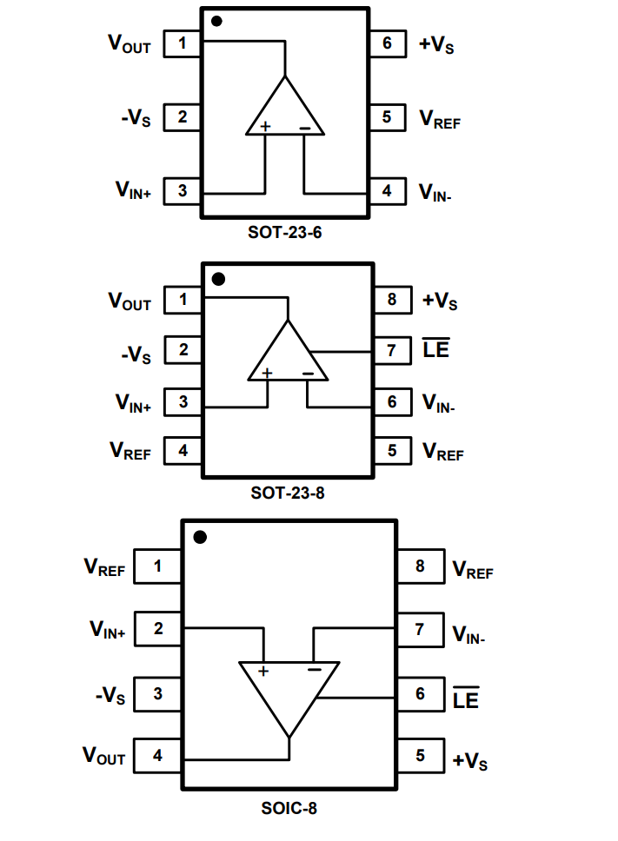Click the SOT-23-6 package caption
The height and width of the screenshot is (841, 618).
point(286,233)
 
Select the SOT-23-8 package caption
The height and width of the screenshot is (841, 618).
point(289,493)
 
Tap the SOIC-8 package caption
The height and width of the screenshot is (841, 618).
point(289,808)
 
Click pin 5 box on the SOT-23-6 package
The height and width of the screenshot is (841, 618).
point(387,117)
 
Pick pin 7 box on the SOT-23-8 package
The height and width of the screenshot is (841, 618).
point(392,351)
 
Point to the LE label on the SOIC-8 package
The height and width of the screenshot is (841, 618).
point(466,697)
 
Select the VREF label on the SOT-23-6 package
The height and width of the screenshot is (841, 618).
point(440,119)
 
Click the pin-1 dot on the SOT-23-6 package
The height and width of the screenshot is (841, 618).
point(216,20)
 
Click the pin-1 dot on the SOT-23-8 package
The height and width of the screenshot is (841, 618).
point(218,279)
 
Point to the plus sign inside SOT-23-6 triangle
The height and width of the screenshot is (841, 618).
point(266,127)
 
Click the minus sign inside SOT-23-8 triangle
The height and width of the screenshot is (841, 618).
point(309,374)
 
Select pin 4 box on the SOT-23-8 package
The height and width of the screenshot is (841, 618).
point(183,451)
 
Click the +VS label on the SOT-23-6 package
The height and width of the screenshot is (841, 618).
point(436,43)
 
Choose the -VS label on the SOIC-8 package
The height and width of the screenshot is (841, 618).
point(110,696)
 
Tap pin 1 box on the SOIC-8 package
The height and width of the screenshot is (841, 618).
point(157,567)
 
